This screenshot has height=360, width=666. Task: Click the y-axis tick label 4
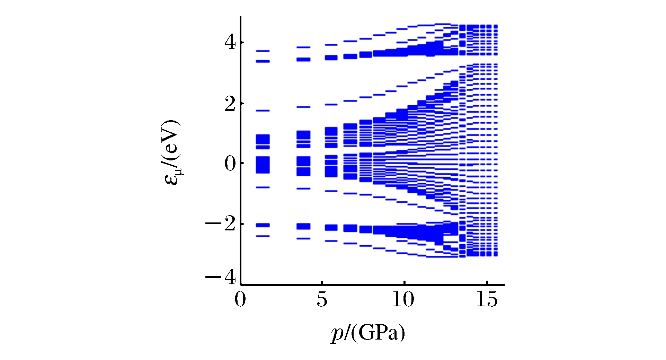coord(230,43)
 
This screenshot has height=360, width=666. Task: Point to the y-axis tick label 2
coord(230,104)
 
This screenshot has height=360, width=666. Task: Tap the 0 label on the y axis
coord(230,164)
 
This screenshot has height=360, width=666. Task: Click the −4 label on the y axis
coord(221,278)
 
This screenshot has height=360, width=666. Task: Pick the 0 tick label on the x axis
coord(240,299)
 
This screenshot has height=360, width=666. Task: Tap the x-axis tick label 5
coord(322,299)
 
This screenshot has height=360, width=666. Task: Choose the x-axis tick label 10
coord(403,299)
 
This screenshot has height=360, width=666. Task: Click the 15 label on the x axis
coord(487,299)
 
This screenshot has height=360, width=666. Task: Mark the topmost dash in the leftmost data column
coord(263,51)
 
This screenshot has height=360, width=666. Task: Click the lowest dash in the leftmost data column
coord(263,236)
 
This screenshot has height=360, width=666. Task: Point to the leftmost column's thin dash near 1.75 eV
coord(263,111)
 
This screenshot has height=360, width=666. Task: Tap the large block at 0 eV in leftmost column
coord(263,165)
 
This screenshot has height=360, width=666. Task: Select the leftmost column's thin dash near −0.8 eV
coord(263,187)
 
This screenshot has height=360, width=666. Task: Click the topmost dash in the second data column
coord(303,47)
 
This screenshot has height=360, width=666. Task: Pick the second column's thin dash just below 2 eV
coord(303,107)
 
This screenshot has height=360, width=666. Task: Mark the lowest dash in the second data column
coord(303,239)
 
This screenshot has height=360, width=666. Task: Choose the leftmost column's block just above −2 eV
coord(263,225)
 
